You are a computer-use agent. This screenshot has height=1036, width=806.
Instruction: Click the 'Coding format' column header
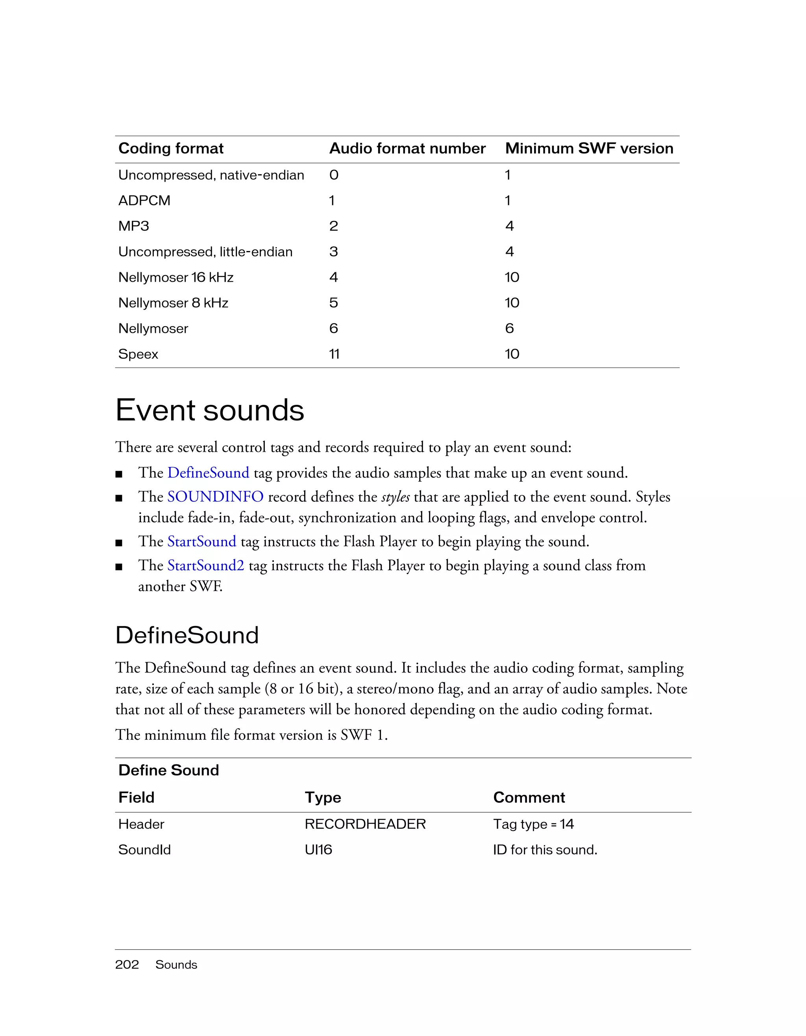coord(171,148)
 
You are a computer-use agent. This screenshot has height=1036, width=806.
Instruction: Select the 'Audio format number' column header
coord(407,148)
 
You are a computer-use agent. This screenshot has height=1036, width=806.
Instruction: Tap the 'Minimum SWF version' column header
coord(589,148)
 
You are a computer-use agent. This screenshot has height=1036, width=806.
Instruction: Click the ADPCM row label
coord(144,201)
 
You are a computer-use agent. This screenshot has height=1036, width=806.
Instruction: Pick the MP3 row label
coord(133,226)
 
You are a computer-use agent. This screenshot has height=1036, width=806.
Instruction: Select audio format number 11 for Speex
coord(334,354)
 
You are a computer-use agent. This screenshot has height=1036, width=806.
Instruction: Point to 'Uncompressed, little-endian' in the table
coord(205,252)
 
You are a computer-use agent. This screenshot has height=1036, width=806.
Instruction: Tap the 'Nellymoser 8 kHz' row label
coord(173,303)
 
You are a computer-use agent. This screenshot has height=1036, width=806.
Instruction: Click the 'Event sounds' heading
coord(210,410)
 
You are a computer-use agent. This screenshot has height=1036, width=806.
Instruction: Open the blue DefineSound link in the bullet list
coord(208,473)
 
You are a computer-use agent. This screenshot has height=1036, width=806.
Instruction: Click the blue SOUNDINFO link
coord(215,497)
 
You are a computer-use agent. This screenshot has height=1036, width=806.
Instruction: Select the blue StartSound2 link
coord(205,565)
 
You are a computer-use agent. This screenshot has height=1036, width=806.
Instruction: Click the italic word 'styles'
coord(395,497)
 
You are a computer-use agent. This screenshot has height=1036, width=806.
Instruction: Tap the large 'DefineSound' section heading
coord(187,635)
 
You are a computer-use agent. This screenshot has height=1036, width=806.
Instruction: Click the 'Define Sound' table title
coord(168,770)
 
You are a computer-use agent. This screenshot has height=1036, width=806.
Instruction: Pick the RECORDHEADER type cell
coord(365,824)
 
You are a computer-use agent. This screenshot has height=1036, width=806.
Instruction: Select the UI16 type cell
coord(318,849)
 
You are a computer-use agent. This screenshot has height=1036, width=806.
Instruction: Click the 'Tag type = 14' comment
coord(533,824)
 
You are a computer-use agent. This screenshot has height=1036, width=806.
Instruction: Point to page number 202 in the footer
coord(127,964)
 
